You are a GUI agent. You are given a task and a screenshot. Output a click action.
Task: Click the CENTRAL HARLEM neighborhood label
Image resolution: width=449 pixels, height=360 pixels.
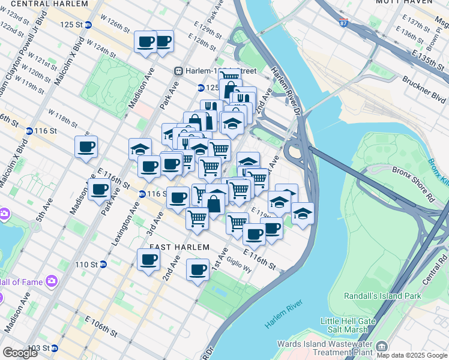tap(52, 3)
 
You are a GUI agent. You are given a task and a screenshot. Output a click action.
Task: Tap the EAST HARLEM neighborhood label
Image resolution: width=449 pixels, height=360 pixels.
tap(179, 247)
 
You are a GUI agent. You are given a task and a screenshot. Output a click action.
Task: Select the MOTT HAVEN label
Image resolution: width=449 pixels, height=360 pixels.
tap(404, 2)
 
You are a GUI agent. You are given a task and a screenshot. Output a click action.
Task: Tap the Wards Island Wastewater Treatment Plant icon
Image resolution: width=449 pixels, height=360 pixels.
tap(382, 347)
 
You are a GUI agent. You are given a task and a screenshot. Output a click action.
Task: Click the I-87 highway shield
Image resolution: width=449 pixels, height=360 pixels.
tap(343, 23)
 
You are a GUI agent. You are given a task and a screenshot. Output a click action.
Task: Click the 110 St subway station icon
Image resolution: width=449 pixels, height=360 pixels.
tap(103, 264)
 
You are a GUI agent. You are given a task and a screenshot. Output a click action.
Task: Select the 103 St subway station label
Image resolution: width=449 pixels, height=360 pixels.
tap(40, 348)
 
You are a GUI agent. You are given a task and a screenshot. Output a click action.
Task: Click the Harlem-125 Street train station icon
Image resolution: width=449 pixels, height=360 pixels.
tap(178, 71)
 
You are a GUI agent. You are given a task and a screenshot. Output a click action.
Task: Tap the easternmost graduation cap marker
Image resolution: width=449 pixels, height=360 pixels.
tap(303, 212)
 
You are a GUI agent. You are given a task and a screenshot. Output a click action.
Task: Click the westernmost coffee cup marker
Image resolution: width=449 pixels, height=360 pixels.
tap(86, 146)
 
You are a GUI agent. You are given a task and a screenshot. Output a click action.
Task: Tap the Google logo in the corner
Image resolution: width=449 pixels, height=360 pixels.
tap(20, 353)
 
